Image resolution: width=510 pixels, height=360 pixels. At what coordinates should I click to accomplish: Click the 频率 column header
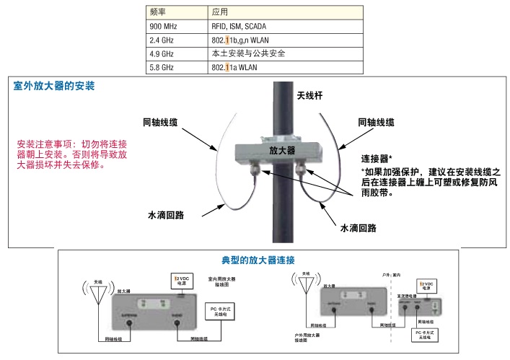coord(158,12)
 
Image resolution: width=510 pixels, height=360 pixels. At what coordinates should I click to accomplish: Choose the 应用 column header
coord(220,12)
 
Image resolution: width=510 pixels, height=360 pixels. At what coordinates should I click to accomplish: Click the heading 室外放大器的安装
coord(53,86)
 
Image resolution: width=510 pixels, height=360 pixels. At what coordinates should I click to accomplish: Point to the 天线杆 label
coord(309,95)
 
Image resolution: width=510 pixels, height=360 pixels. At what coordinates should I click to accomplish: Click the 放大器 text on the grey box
coord(282,150)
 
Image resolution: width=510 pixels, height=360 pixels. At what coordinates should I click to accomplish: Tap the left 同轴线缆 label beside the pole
coord(164,123)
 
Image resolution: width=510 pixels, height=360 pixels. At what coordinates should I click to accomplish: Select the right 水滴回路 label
coord(358,229)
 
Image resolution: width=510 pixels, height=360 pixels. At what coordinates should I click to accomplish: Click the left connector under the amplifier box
coord(253,170)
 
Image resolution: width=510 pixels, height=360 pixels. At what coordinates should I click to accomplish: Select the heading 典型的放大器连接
coord(258,259)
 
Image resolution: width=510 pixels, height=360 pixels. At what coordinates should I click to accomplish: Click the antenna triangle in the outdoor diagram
coord(307,286)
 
